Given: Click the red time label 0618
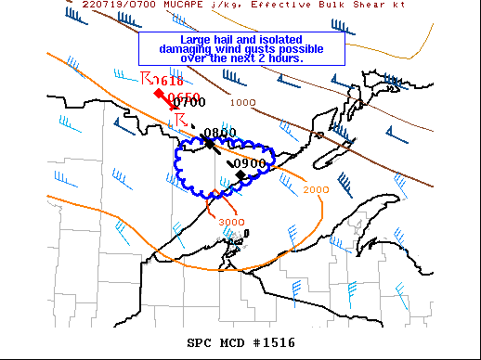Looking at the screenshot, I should (168, 81).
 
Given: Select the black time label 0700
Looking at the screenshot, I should (189, 103).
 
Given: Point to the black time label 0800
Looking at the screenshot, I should (220, 133).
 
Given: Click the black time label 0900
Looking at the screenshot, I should (250, 163).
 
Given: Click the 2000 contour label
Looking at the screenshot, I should (316, 189).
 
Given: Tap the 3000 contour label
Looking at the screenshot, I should (231, 222).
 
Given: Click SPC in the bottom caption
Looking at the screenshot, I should (200, 342).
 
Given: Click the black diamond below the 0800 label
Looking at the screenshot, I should (210, 144).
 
